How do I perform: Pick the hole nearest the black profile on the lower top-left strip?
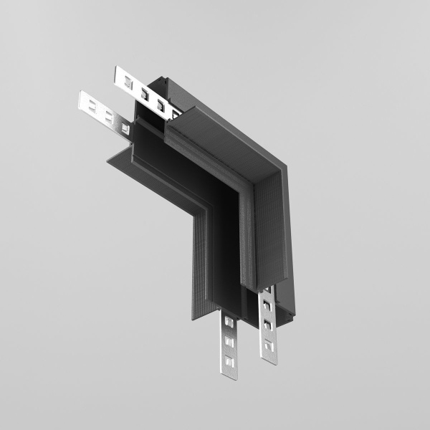125,128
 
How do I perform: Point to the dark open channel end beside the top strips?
147,133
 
